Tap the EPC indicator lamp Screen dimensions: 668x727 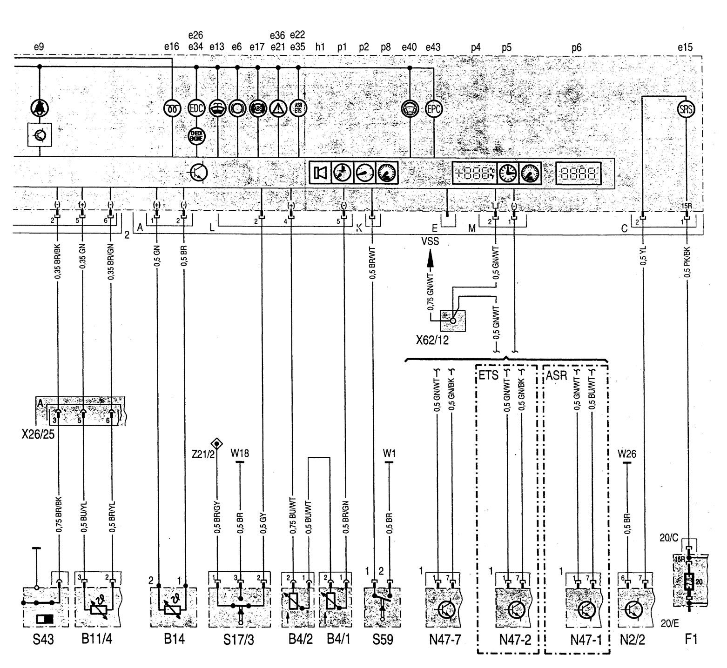coord(434,109)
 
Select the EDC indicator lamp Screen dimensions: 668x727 coord(196,109)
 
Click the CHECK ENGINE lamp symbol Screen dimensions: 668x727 coord(196,136)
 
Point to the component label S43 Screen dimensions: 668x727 coord(43,640)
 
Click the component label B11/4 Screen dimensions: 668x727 coord(96,640)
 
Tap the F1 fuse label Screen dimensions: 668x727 coord(691,640)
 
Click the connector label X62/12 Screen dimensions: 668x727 coord(432,340)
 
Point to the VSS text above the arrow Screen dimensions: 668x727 coord(430,241)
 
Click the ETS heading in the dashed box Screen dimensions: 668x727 coord(488,375)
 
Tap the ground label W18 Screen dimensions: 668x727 coord(240,453)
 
